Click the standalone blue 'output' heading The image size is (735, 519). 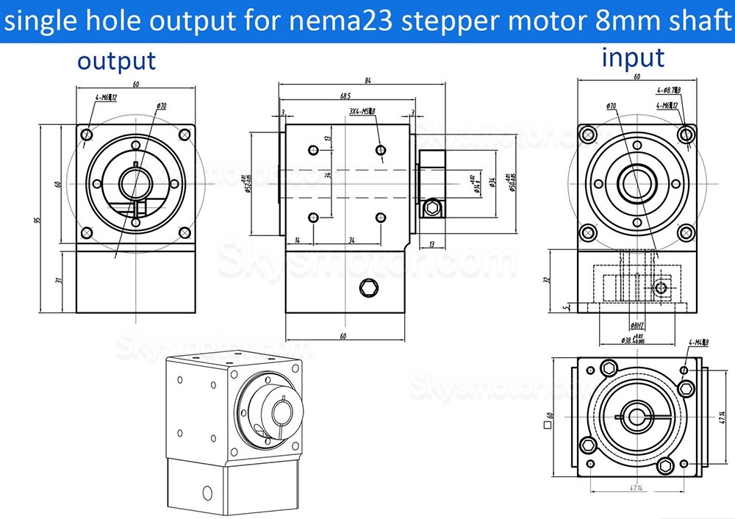[117, 61]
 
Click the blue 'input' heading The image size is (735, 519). [633, 57]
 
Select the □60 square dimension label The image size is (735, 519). [550, 424]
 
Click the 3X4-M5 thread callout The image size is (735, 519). [362, 112]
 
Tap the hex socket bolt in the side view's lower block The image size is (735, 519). [367, 287]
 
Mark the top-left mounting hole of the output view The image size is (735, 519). [87, 135]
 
